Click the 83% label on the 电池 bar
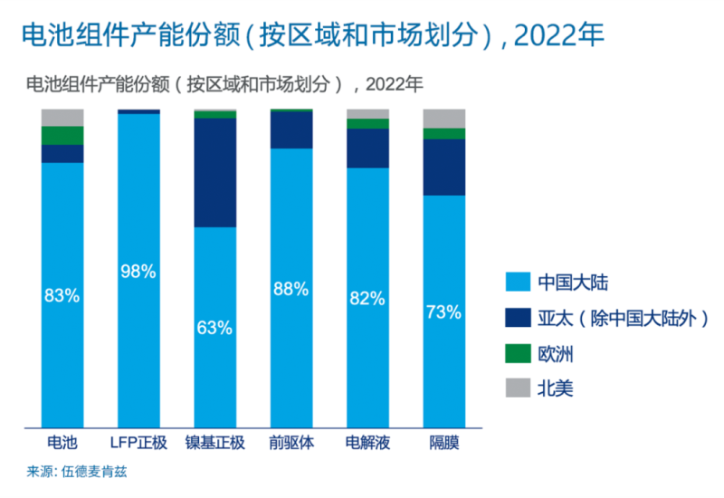point(62,294)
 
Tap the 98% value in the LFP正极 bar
point(138,271)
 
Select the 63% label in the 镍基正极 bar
point(215,327)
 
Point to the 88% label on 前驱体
point(291,290)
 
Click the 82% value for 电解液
point(367,298)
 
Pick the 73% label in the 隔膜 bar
point(443,312)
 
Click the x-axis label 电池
point(62,444)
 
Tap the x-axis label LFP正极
point(138,444)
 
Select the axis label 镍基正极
point(215,444)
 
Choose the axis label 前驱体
point(291,444)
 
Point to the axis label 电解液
point(367,444)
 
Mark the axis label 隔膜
point(443,444)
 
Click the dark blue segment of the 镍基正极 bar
point(215,172)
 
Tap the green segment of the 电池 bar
point(62,135)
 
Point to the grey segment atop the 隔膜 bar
point(443,118)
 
